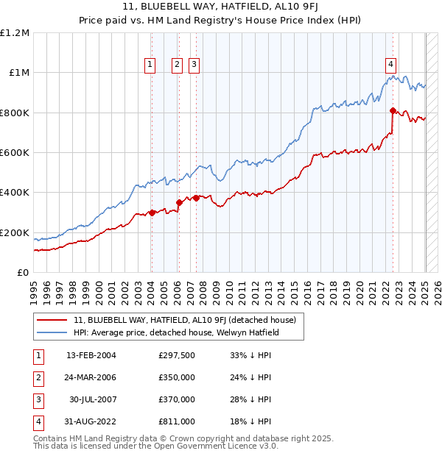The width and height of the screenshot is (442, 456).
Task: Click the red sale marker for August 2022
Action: click(393, 111)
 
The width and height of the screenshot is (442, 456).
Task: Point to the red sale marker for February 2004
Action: click(152, 213)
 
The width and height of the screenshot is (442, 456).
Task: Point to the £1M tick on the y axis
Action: click(19, 73)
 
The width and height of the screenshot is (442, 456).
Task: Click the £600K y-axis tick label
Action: click(15, 153)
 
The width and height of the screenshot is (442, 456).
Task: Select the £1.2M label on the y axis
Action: click(15, 33)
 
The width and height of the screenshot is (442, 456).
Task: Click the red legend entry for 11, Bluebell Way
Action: click(184, 320)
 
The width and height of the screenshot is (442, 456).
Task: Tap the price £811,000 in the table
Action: click(177, 421)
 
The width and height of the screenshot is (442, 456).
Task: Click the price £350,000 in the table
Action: click(177, 378)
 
